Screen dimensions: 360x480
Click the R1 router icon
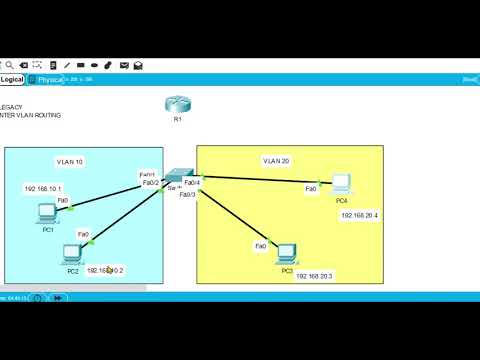pyautogui.click(x=177, y=104)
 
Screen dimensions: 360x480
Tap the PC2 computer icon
pyautogui.click(x=72, y=254)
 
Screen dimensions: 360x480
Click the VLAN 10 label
pyautogui.click(x=71, y=160)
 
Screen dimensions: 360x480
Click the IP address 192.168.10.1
pyautogui.click(x=43, y=188)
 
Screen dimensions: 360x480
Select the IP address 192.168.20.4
pyautogui.click(x=360, y=215)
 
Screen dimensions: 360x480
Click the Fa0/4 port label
pyautogui.click(x=193, y=182)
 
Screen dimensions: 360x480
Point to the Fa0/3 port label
pyautogui.click(x=188, y=194)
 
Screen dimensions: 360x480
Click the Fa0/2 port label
pyautogui.click(x=151, y=183)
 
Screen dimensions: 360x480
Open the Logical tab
pyautogui.click(x=13, y=79)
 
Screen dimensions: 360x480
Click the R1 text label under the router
pyautogui.click(x=177, y=119)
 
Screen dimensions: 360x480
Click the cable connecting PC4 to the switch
pyautogui.click(x=260, y=180)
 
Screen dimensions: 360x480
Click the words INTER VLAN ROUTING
pyautogui.click(x=32, y=116)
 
